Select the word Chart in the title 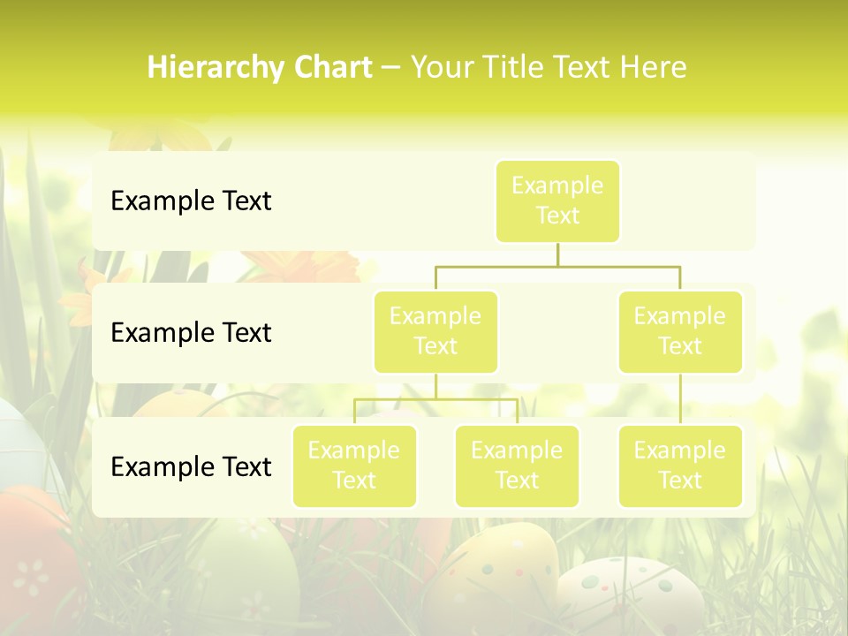coord(333,67)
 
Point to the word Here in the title coord(654,67)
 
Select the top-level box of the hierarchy coord(557,201)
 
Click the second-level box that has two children coord(435,331)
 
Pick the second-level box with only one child coord(680,331)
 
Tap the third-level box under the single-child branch coord(680,466)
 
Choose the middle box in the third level coord(517,466)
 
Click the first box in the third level coord(354,466)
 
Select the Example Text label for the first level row coord(191,201)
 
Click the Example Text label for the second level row coord(191,333)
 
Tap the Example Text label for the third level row coord(191,466)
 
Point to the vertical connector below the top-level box coord(557,254)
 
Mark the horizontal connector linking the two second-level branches coord(557,266)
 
